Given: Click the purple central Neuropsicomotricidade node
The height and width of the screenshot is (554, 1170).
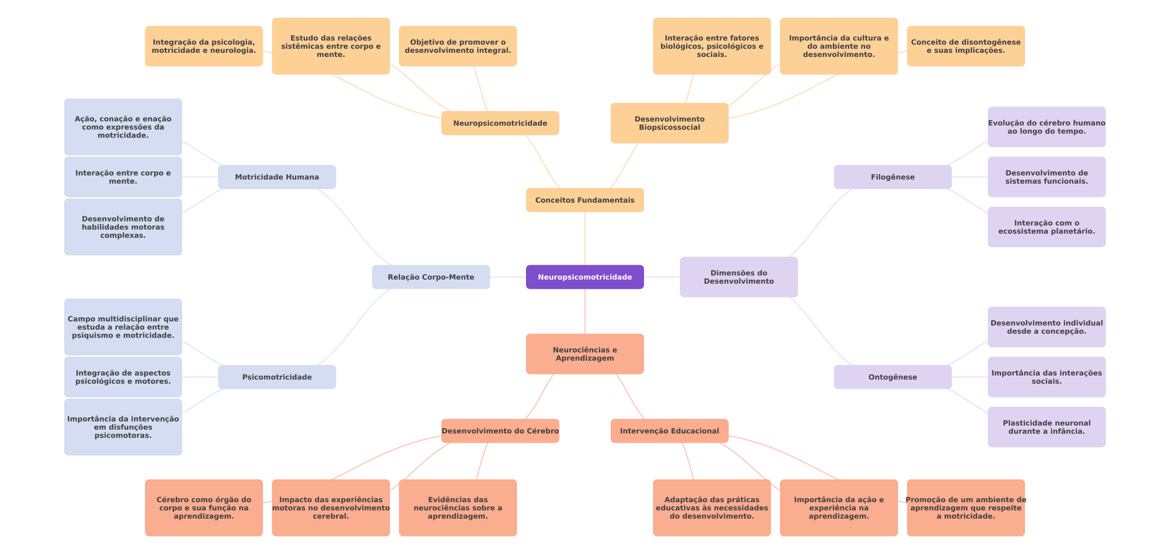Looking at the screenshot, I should [x=584, y=277].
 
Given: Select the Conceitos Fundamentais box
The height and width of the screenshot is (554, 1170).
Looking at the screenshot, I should [x=584, y=200].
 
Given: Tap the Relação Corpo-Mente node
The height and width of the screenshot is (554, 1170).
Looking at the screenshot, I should [x=431, y=277].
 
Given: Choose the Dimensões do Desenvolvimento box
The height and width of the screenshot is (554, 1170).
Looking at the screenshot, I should [x=738, y=277].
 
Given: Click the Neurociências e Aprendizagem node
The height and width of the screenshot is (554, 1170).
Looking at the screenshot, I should [x=584, y=354].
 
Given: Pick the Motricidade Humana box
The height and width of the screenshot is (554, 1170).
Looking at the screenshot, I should [x=277, y=177].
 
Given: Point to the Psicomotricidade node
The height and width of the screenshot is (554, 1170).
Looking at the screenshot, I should [x=277, y=377].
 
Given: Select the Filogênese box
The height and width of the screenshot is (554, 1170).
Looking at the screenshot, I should [x=892, y=177].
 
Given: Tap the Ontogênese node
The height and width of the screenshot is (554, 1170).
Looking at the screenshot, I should [x=892, y=377].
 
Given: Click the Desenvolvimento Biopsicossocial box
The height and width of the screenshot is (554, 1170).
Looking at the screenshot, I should [x=669, y=123].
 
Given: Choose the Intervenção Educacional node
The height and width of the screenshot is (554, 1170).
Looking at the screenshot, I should [x=669, y=431].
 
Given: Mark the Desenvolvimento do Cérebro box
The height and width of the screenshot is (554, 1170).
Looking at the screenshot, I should [x=500, y=431].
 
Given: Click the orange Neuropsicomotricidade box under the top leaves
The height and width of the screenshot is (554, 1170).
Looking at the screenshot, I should [x=500, y=123].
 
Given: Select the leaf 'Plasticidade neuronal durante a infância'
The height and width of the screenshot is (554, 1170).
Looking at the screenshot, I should [x=1046, y=427].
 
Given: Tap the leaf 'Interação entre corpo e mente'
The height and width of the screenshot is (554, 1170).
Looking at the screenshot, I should [x=123, y=177].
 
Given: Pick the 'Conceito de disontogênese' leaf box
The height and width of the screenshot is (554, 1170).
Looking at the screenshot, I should [x=965, y=46].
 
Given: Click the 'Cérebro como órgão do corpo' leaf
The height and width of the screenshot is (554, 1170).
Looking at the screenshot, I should [x=204, y=508].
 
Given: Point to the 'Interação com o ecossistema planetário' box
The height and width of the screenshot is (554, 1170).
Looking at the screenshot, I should [x=1046, y=227].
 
